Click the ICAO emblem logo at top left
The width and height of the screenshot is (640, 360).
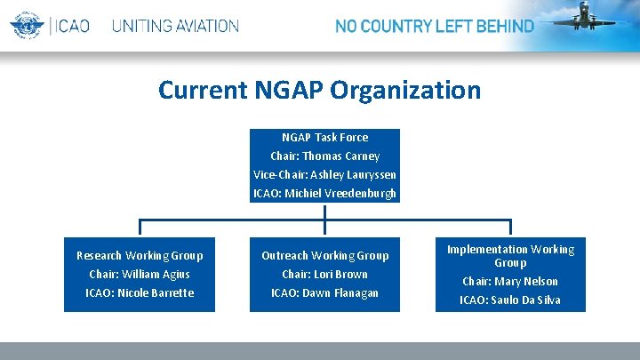pos(27,25)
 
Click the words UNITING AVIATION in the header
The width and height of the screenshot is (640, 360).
pos(175,26)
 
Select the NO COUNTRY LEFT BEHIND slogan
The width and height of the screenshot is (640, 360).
pos(434,26)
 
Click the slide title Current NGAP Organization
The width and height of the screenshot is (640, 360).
pos(320,90)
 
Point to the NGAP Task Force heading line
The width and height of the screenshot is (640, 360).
pos(324,137)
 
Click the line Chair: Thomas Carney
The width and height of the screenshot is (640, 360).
pos(324,156)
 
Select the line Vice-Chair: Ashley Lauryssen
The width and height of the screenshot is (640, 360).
pos(324,174)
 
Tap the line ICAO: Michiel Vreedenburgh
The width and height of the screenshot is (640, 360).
pos(324,193)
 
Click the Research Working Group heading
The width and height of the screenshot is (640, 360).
pos(140,255)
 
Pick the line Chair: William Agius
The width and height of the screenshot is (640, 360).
pos(140,274)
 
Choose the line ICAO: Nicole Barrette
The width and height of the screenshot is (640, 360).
pos(140,292)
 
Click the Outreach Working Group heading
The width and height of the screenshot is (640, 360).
pos(324,255)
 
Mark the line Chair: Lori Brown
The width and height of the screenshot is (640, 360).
pos(324,274)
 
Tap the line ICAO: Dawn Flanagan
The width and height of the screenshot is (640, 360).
pos(324,292)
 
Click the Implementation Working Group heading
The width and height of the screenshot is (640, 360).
pos(510,256)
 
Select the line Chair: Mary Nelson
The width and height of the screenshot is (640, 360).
pos(510,281)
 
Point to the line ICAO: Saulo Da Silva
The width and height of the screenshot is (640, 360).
pos(510,300)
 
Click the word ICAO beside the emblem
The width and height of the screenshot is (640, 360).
pos(72,26)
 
